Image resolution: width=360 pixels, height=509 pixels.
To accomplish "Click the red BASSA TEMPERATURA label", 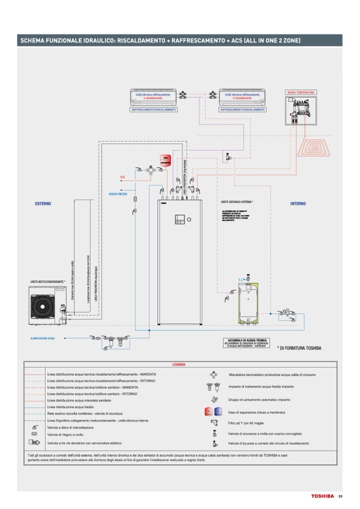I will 301,92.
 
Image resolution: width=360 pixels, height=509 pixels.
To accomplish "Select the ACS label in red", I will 123,177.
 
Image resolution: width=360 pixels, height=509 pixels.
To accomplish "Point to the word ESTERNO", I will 43,203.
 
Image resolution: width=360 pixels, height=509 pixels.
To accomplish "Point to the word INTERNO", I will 297,203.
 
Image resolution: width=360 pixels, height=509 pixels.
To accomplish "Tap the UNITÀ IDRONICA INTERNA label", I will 237,202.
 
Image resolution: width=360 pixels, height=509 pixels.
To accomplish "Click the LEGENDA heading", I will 179,365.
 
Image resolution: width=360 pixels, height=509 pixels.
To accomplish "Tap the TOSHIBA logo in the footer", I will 322,496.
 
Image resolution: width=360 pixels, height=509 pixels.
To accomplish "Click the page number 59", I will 340,496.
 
